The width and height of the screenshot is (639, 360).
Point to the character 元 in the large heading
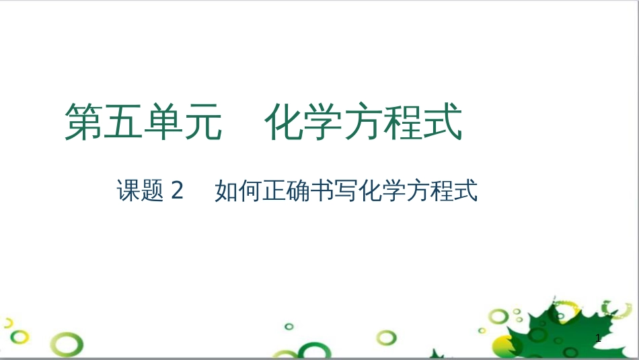(202, 122)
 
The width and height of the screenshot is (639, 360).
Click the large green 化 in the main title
(285, 122)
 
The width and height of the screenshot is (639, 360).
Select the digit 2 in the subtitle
(178, 192)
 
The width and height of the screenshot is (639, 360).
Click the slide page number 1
(597, 339)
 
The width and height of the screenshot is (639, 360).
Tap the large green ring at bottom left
(69, 346)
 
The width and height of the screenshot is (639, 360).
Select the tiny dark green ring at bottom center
(289, 326)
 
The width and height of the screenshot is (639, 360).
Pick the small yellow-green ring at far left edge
(8, 324)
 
